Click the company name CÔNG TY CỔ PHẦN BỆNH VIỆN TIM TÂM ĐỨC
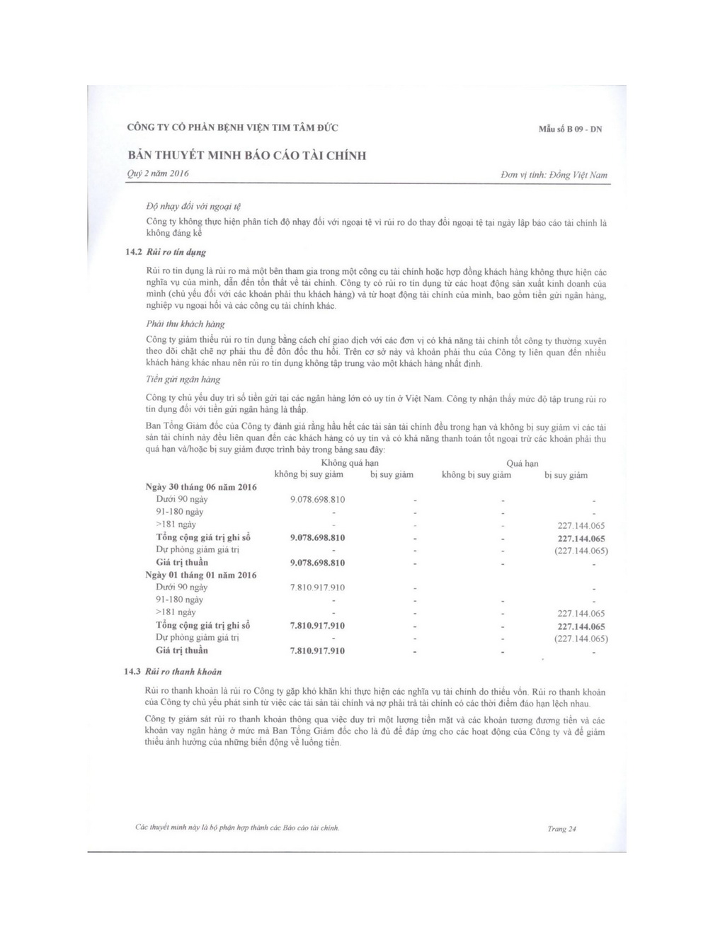(232, 128)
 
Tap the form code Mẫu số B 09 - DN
(570, 130)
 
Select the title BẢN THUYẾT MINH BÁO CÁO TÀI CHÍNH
(247, 156)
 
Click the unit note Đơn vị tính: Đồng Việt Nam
(554, 175)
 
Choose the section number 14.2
(134, 252)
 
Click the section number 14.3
(134, 671)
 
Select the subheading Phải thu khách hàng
(185, 324)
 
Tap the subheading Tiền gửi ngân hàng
(183, 379)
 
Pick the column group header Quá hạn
(523, 464)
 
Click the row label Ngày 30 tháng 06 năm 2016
(201, 487)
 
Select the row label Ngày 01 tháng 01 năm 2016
(201, 575)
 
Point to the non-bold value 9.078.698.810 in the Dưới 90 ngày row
(318, 500)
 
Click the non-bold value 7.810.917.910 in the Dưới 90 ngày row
(318, 588)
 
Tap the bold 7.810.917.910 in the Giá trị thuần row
(318, 651)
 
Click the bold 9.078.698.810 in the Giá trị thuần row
(318, 563)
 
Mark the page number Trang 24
(561, 829)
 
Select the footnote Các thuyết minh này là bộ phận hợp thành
(237, 827)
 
